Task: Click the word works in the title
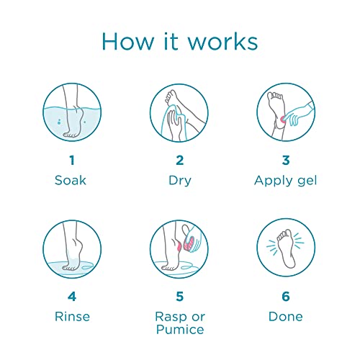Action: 224,41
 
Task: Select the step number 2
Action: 180,160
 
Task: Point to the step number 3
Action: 285,160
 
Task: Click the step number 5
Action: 180,297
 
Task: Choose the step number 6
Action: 285,297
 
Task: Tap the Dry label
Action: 180,180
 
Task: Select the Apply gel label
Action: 285,180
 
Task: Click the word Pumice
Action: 180,330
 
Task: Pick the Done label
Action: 285,316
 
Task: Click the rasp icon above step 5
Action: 180,249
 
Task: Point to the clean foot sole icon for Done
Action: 285,249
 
